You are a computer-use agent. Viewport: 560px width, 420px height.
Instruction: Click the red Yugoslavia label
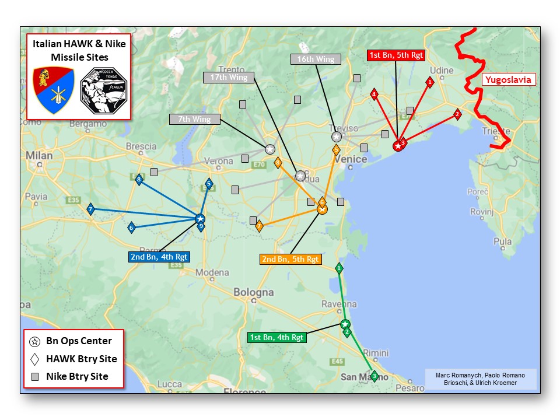coord(508,80)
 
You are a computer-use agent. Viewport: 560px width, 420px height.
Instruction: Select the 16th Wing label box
coord(316,59)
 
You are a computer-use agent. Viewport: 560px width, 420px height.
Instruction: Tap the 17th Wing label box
coord(229,77)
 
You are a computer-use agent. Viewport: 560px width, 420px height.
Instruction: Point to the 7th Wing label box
coord(195,119)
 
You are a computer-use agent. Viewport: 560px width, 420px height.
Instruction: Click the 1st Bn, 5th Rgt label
coord(395,55)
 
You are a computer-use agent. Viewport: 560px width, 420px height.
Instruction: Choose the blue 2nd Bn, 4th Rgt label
coord(159,256)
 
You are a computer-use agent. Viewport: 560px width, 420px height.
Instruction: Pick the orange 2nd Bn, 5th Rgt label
coord(290,259)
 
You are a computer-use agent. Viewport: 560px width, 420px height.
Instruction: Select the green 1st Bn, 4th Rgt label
coord(276,337)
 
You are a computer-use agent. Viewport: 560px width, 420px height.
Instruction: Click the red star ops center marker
coord(398,146)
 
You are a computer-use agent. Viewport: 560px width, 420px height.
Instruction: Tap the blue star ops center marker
coord(199,219)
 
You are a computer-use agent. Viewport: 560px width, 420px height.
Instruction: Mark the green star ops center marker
coord(345,324)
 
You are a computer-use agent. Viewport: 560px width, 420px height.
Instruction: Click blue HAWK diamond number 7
coord(90,209)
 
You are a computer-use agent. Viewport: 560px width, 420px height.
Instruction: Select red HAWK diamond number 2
coord(457,114)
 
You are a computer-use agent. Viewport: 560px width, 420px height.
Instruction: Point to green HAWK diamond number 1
coord(339,268)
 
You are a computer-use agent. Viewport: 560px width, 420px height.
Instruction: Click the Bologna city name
coord(253,292)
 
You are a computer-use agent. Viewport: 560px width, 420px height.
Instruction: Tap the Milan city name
coord(39,156)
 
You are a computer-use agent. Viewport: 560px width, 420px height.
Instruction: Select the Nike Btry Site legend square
coord(35,376)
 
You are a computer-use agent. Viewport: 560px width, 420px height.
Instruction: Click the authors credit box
coord(480,379)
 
